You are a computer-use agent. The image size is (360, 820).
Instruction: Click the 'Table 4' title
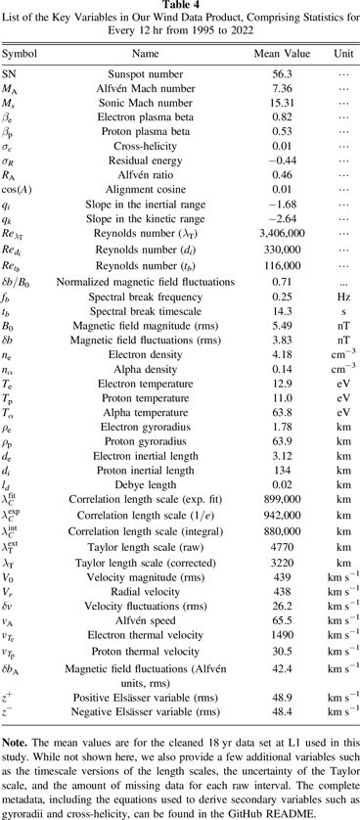[x=180, y=6]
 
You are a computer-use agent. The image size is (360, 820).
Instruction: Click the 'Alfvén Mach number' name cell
[x=145, y=88]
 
